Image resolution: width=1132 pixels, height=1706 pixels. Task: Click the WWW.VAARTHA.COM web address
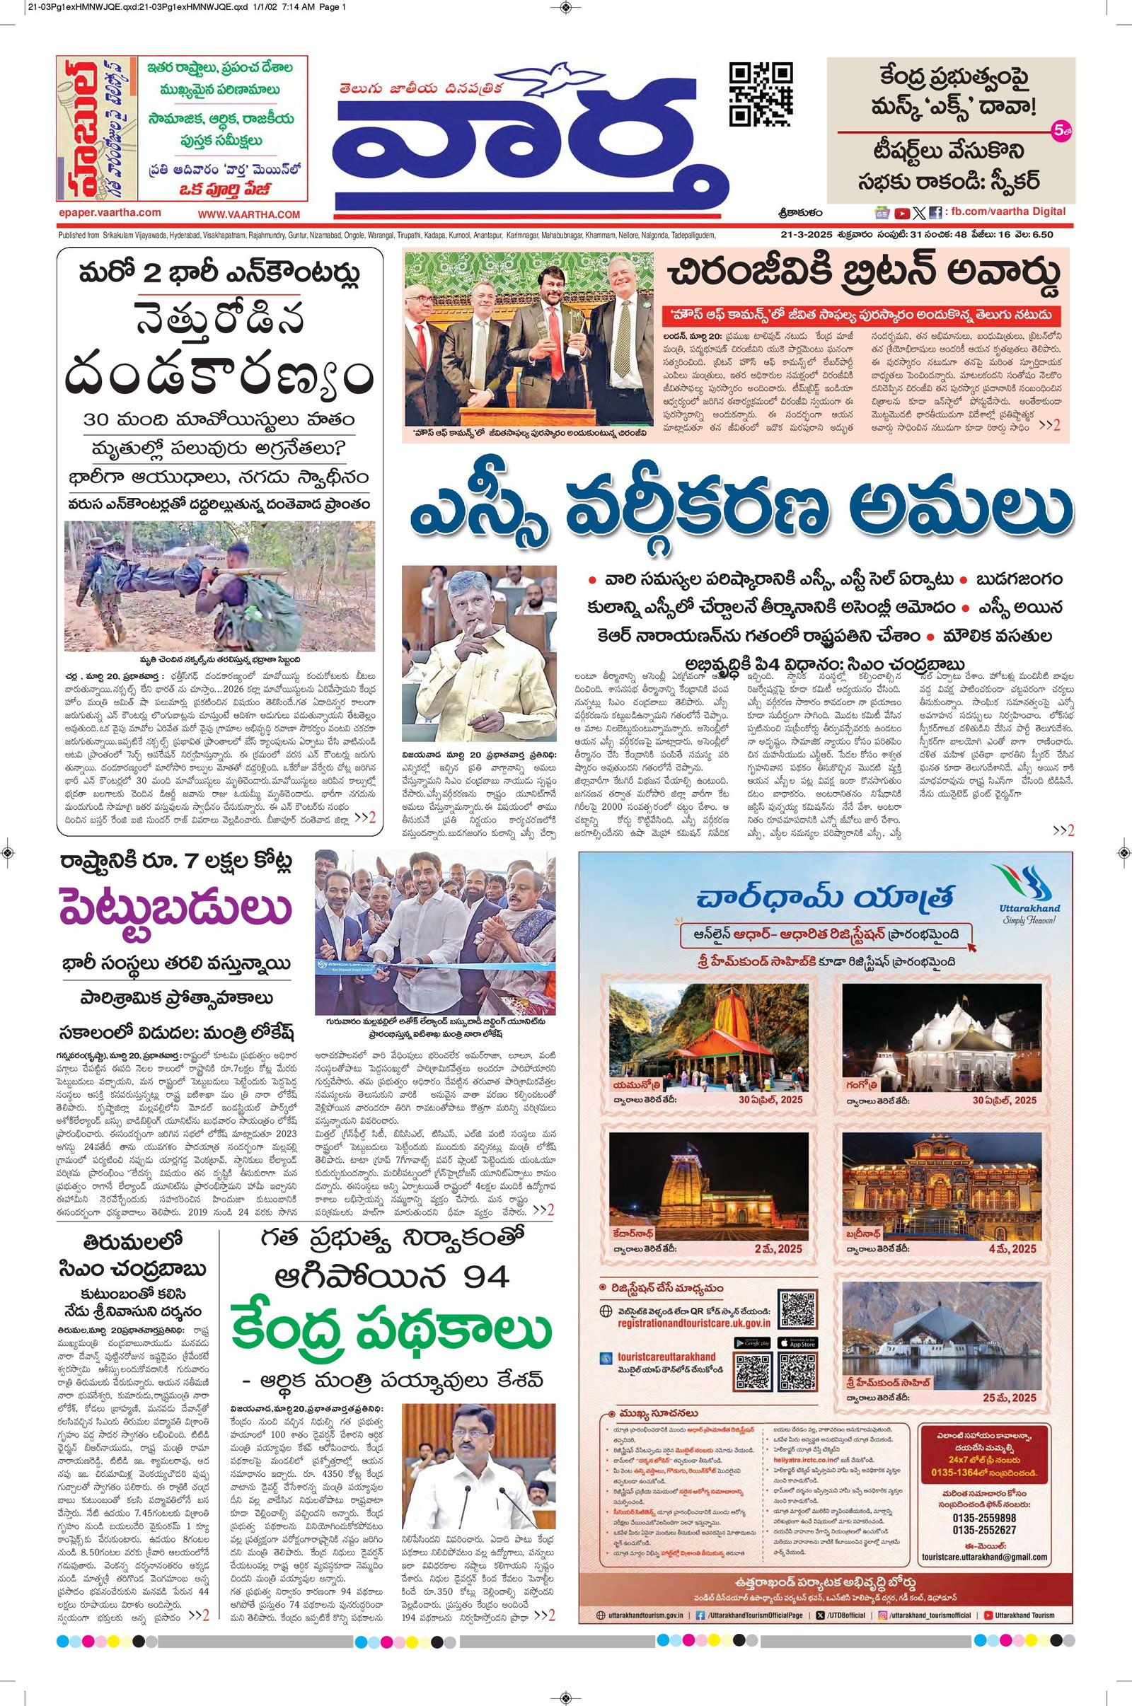(x=248, y=214)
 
